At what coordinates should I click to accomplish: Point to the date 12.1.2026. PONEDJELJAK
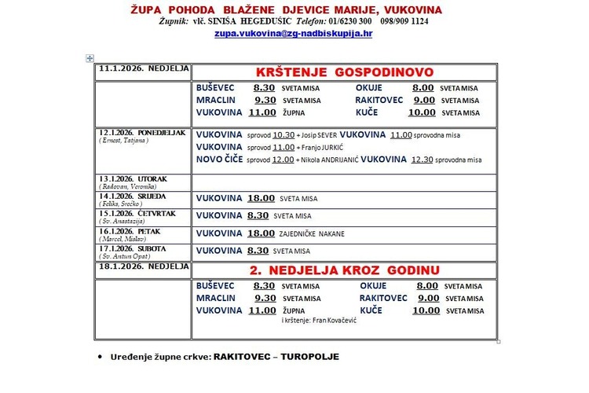tap(141, 132)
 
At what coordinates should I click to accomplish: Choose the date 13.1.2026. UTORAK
tap(133, 179)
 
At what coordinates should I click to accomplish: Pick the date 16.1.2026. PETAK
tap(130, 231)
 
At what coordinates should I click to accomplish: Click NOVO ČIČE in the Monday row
tap(219, 160)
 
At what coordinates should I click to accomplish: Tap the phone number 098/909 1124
tap(402, 22)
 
